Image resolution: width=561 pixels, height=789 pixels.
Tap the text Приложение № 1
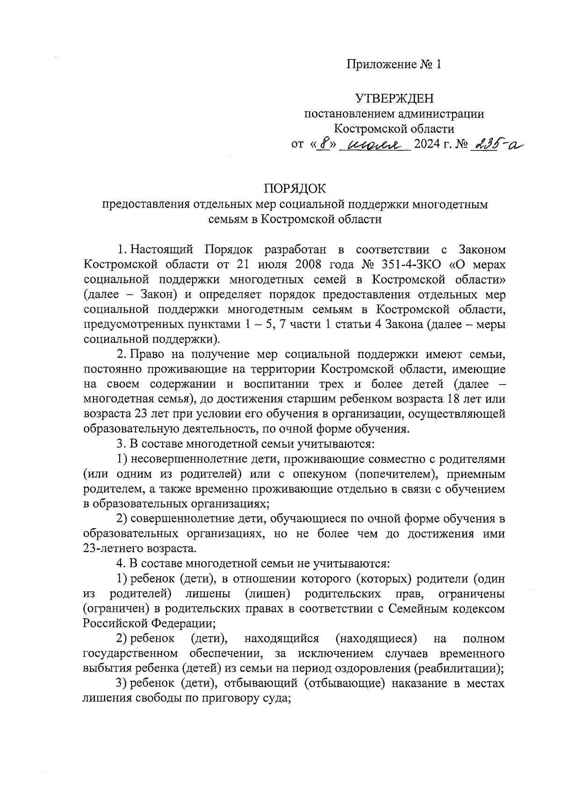(x=394, y=64)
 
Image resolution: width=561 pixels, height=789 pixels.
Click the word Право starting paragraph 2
(x=146, y=355)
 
